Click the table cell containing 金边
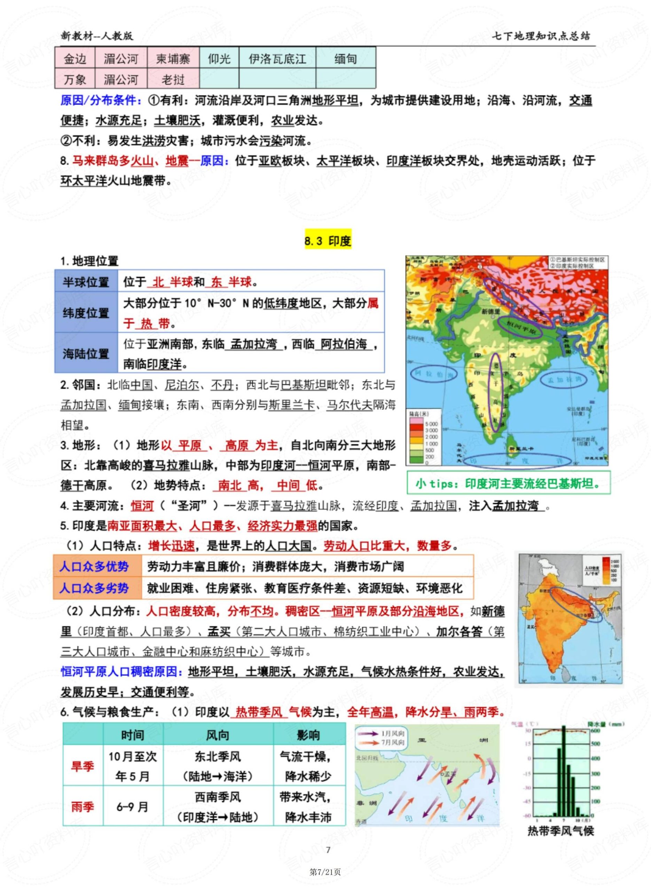(75, 59)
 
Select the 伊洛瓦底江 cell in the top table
(277, 59)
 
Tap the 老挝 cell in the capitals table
(173, 80)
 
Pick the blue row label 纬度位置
(86, 313)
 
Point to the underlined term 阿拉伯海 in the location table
(344, 344)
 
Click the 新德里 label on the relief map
(490, 312)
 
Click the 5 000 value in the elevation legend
(431, 424)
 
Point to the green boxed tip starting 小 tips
(508, 483)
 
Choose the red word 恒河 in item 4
(142, 506)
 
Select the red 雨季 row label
(83, 807)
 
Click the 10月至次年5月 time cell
(133, 766)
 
